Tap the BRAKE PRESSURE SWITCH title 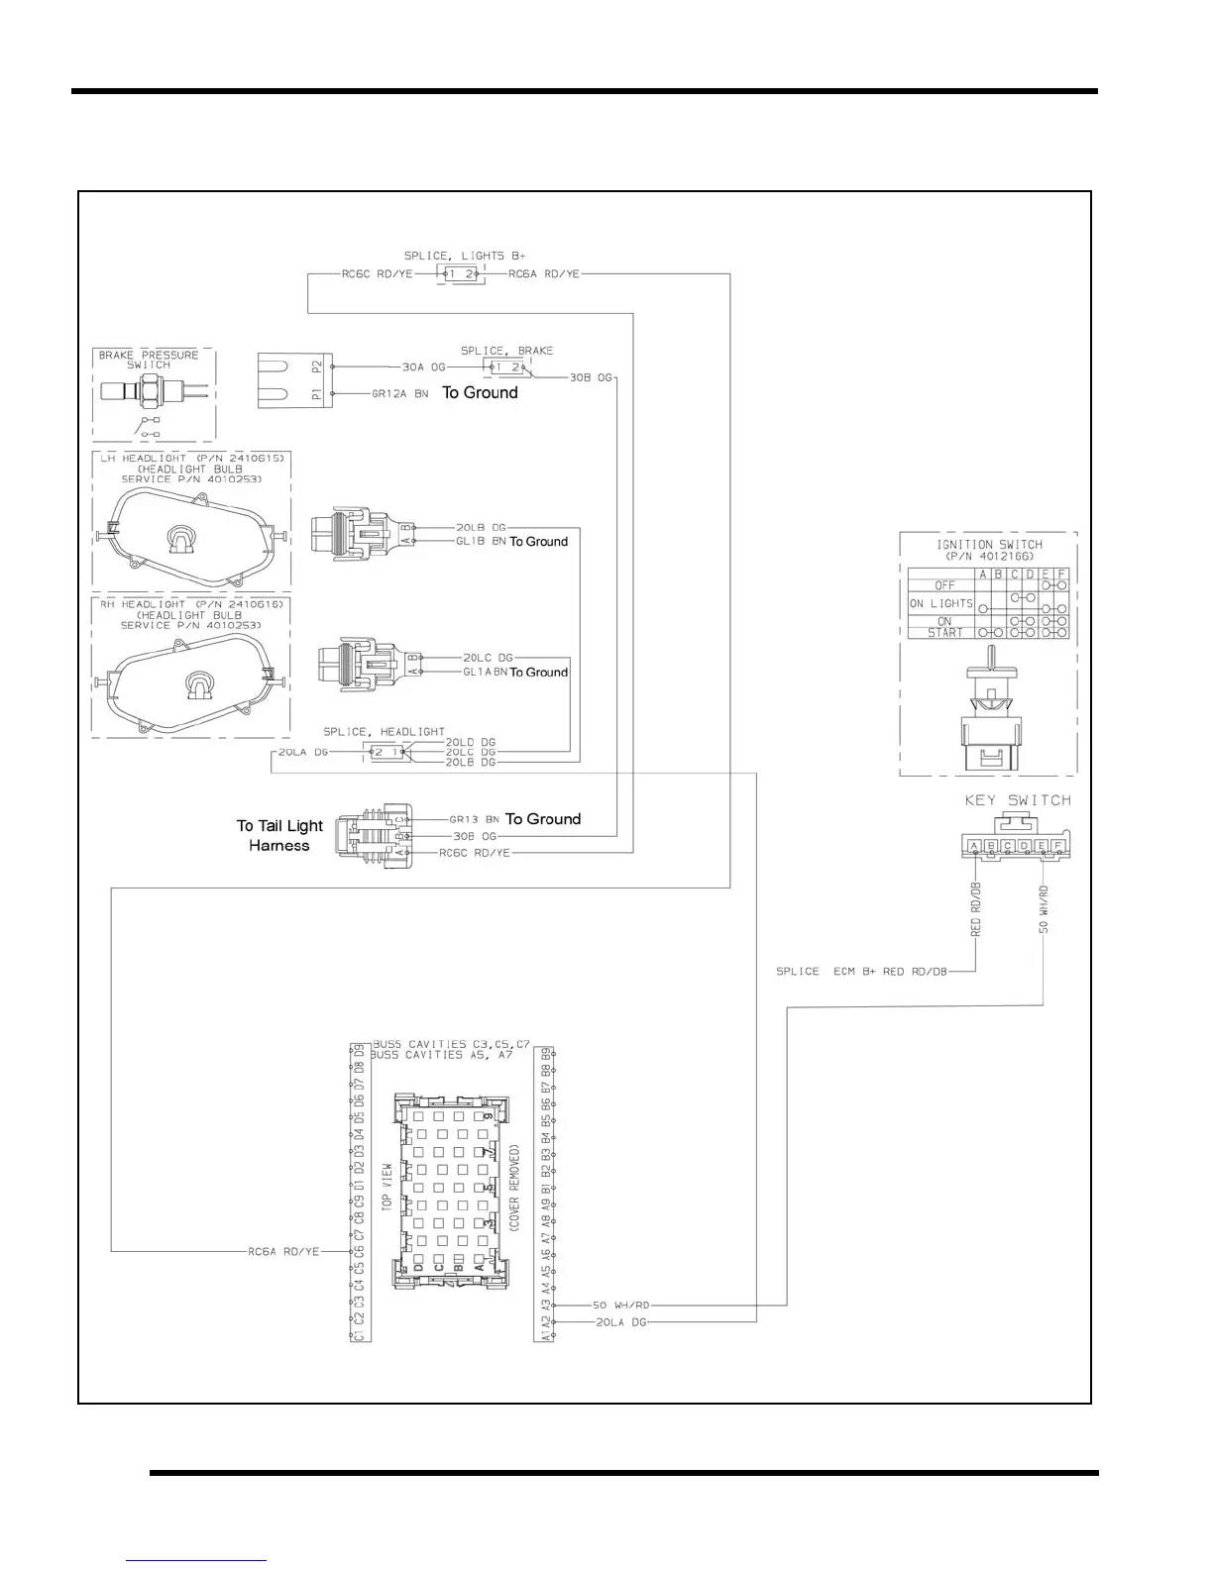148,360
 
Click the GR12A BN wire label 399,393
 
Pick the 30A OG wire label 423,366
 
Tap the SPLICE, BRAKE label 506,351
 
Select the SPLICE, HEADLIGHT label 384,732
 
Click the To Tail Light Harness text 279,835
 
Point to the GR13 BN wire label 474,819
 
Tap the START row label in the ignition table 944,633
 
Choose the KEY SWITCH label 1018,800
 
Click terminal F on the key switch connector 1058,846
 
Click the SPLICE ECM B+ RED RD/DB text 861,972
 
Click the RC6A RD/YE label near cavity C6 283,1252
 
